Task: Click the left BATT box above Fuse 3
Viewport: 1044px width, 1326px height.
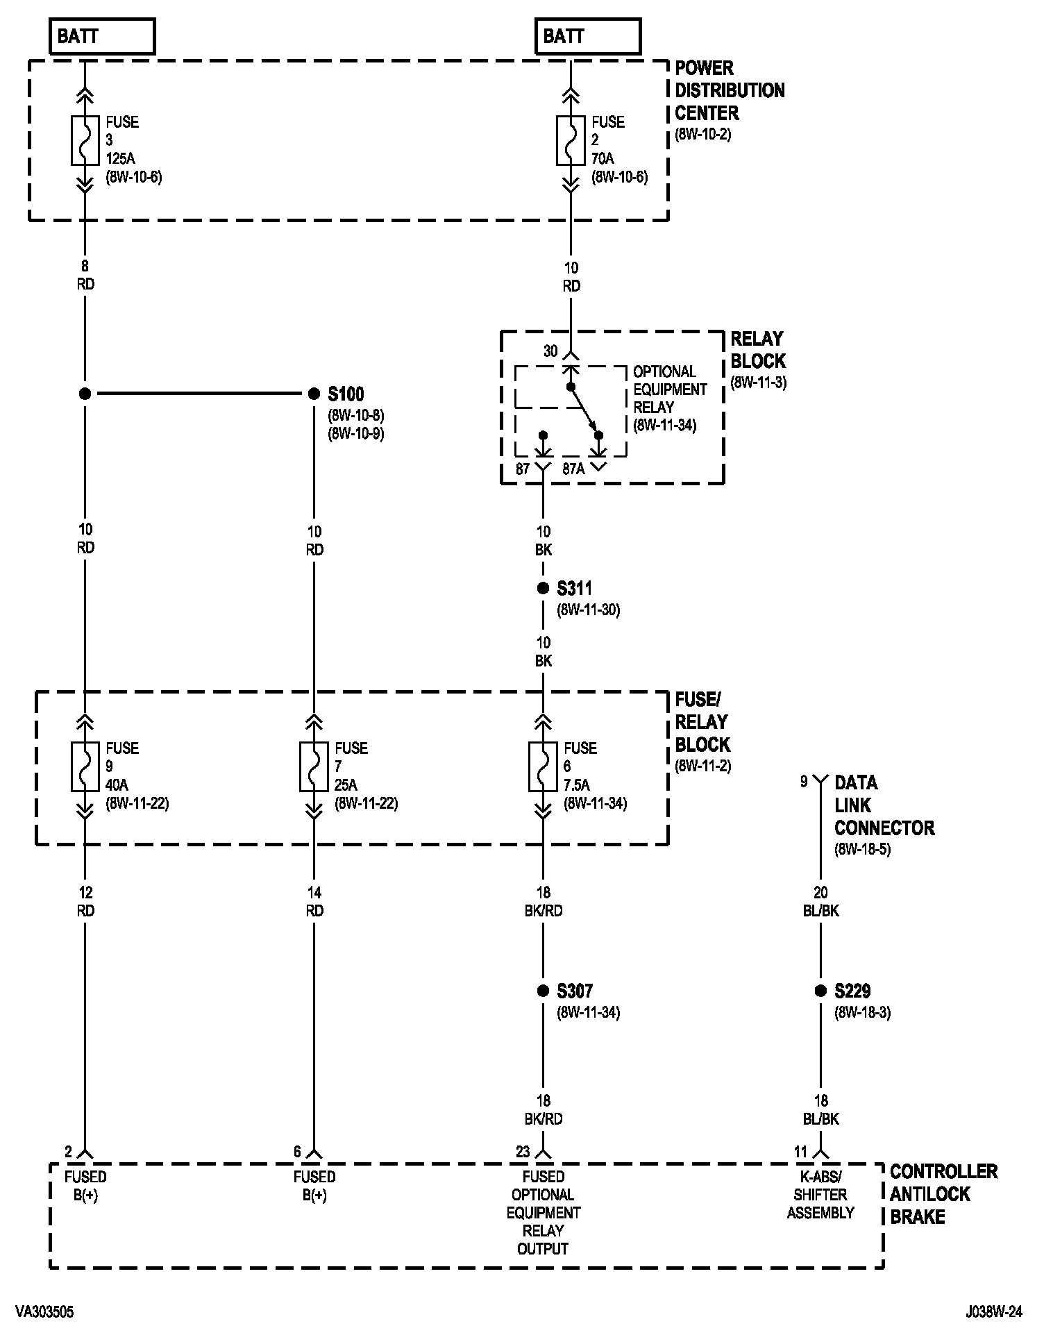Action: [x=102, y=36]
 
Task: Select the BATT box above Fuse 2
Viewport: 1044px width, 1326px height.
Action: [x=587, y=36]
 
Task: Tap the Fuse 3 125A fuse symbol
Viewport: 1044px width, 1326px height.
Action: [x=85, y=141]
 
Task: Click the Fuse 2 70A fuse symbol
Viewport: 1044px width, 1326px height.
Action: [x=571, y=141]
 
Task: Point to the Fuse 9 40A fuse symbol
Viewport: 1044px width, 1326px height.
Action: [x=85, y=766]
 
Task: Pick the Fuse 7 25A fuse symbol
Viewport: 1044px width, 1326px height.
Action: [x=314, y=766]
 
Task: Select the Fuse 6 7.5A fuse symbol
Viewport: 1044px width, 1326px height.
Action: [x=543, y=766]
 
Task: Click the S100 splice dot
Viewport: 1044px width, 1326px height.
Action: [x=314, y=394]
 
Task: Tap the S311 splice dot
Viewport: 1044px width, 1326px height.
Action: [x=543, y=589]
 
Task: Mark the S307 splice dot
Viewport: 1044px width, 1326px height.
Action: [x=543, y=991]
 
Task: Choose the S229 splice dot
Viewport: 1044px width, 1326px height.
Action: [x=820, y=991]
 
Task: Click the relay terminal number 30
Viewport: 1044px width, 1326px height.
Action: [x=550, y=351]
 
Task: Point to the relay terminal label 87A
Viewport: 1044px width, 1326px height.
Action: [x=573, y=469]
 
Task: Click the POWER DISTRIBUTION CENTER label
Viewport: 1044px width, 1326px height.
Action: [x=729, y=90]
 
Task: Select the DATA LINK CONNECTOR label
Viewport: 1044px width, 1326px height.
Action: [x=884, y=805]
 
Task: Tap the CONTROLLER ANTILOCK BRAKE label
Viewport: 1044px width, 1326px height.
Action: [x=943, y=1194]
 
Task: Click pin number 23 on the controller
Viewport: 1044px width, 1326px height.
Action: [x=523, y=1152]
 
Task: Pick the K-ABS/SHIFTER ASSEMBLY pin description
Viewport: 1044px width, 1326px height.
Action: [x=820, y=1195]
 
